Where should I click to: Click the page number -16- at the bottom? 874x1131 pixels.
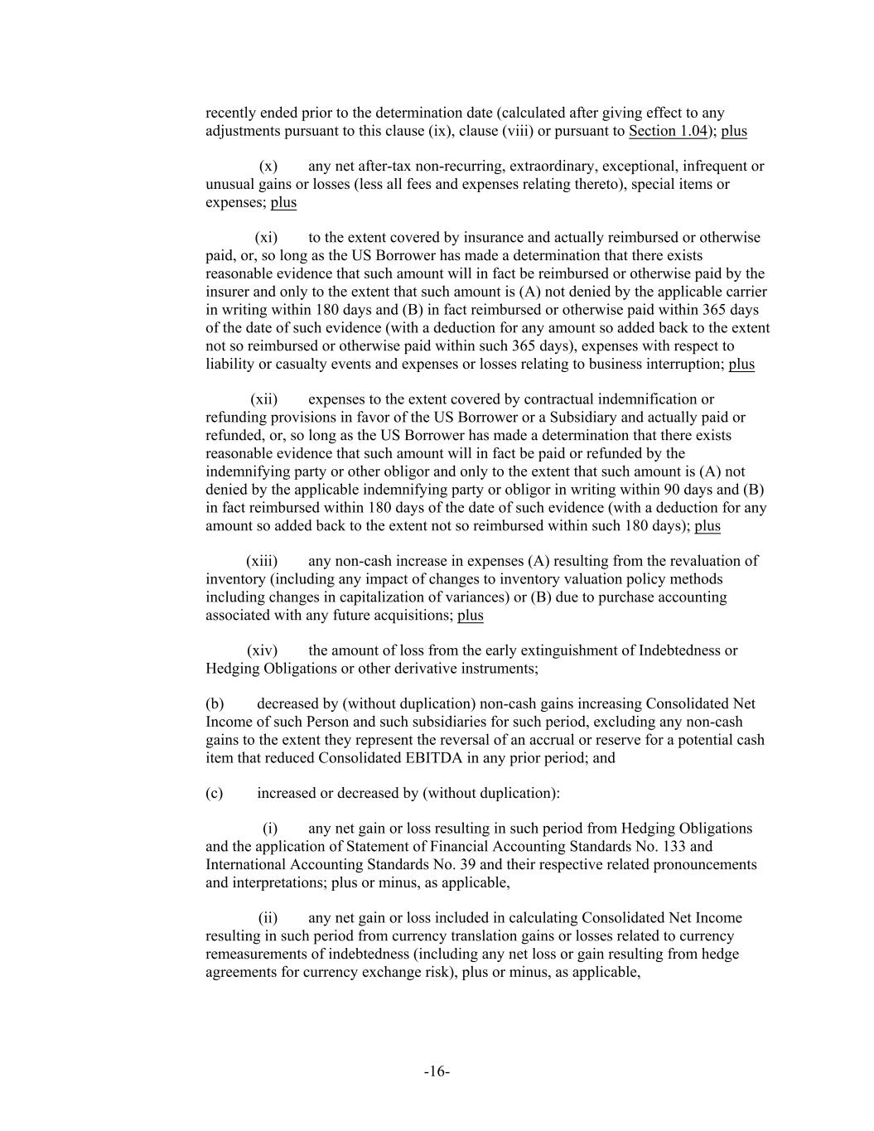point(437,1072)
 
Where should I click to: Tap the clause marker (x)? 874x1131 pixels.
point(268,166)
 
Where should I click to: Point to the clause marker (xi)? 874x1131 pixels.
point(266,238)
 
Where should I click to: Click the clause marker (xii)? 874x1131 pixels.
point(264,399)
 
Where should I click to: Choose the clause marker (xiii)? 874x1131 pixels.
point(262,561)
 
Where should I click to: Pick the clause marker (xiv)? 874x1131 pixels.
point(262,650)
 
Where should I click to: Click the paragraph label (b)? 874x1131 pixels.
point(215,704)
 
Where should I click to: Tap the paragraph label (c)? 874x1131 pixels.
point(214,794)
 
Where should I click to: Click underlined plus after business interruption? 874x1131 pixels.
point(741,365)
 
